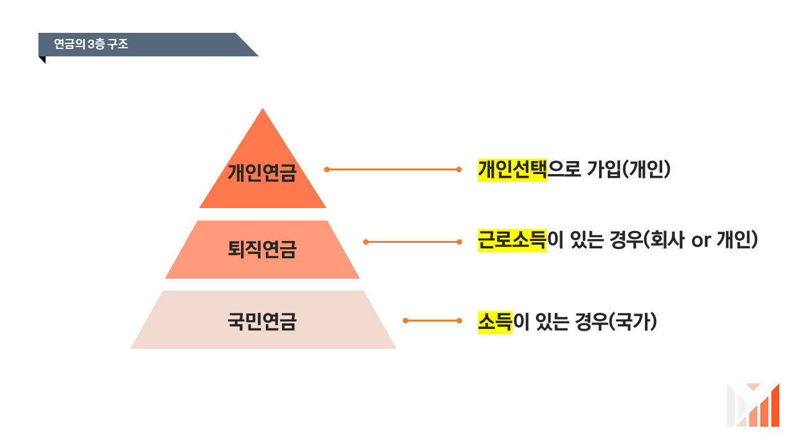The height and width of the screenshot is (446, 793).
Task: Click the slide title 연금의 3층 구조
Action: pos(91,45)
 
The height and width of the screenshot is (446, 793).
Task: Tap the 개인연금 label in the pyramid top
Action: pos(262,172)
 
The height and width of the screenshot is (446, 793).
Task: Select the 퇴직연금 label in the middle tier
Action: pos(262,249)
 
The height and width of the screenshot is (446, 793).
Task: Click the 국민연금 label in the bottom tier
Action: pos(262,322)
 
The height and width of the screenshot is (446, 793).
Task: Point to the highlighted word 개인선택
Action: pos(512,169)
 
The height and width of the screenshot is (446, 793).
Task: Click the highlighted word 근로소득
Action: pos(512,240)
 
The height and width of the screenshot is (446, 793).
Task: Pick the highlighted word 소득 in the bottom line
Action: pos(495,322)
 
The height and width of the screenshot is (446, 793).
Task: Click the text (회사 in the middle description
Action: pos(664,240)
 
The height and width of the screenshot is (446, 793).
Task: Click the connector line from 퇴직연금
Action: pos(412,242)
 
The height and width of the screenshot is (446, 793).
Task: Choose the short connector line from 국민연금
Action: pos(432,320)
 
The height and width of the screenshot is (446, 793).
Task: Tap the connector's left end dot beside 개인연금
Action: pos(326,169)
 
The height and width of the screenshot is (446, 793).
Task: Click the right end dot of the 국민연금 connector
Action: pos(459,320)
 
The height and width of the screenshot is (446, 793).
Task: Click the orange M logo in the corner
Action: pos(753,405)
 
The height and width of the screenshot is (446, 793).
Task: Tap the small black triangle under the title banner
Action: pos(42,59)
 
